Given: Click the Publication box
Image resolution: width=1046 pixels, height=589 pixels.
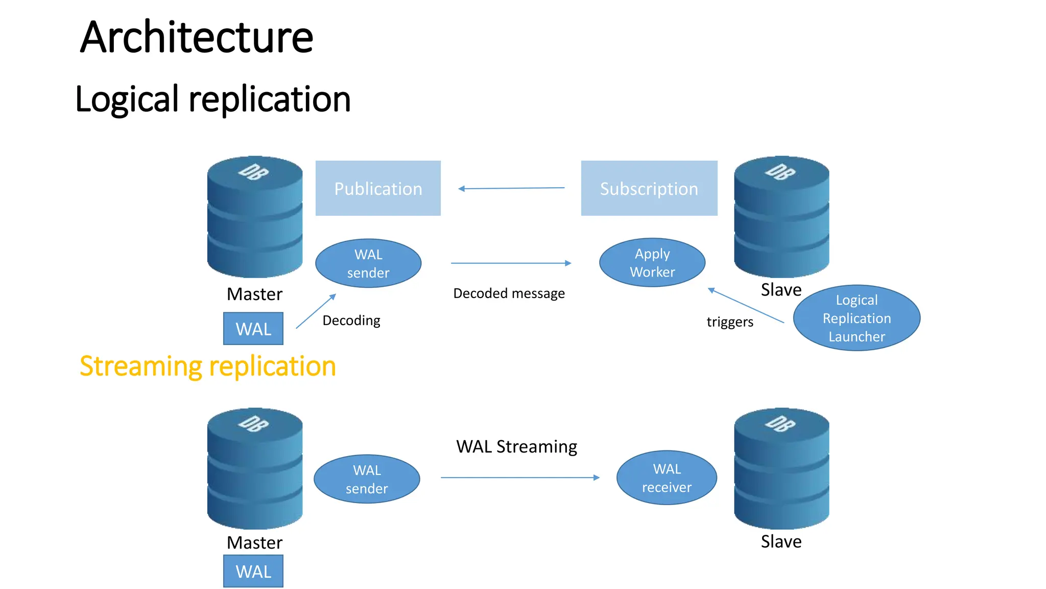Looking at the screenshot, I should [x=378, y=188].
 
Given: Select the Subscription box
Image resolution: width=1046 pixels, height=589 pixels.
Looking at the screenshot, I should [x=649, y=188].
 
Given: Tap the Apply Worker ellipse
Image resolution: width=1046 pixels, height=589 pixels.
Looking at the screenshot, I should [x=652, y=263].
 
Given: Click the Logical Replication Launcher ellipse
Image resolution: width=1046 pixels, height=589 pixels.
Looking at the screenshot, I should [x=857, y=318].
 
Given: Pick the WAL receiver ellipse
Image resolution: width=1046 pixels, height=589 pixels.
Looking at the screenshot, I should [x=667, y=478].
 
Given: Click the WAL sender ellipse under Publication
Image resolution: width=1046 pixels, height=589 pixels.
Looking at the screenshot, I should [x=368, y=263].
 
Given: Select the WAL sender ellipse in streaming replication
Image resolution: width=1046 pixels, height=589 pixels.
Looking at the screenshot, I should [x=367, y=479].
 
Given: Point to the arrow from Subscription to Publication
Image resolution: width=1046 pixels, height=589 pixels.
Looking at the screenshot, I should [x=511, y=188].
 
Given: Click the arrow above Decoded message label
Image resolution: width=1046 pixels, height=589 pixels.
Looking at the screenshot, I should [x=511, y=263].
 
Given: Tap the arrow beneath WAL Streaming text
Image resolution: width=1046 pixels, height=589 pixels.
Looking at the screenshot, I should [x=519, y=478].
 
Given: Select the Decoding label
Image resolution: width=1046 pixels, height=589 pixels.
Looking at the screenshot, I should [x=351, y=321].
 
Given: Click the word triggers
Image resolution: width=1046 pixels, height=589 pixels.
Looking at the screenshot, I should [x=730, y=322].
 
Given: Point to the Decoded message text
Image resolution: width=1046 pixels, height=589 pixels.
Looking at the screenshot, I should [x=509, y=293].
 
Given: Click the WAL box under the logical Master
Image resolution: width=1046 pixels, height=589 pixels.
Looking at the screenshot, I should [x=253, y=329].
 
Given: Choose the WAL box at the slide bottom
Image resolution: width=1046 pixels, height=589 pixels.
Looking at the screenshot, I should [x=253, y=571].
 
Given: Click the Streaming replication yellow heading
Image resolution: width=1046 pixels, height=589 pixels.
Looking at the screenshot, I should [x=208, y=366].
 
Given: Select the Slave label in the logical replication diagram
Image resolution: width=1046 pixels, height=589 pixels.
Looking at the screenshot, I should [x=781, y=290].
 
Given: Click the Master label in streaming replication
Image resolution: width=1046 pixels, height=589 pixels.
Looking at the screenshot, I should [x=254, y=542].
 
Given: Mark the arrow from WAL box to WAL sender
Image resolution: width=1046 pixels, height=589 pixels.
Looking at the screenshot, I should [x=316, y=311].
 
